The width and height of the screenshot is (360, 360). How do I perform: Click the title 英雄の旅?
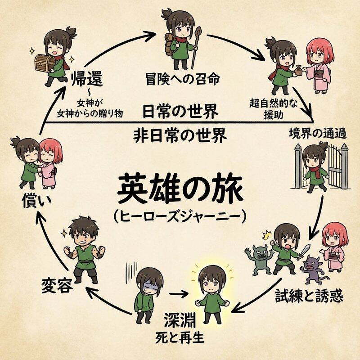pos(180,189)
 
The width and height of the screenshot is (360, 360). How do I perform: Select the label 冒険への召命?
pos(183,80)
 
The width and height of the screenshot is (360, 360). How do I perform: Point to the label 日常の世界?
pos(180,111)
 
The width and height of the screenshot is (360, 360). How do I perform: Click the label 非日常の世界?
pos(180,135)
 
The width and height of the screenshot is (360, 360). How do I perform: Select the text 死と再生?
pos(180,336)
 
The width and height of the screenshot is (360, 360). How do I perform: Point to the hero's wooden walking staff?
pos(196,47)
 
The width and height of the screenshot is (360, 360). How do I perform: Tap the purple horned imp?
pos(312,268)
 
